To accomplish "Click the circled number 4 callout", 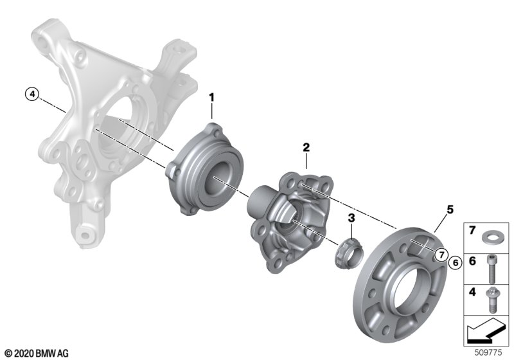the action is click(31, 94).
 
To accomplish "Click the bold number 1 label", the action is click(212, 98).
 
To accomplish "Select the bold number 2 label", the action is click(306, 147).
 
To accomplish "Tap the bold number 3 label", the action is click(351, 217).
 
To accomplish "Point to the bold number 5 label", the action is click(450, 209).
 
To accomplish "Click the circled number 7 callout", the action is click(441, 255).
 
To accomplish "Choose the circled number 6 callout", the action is click(455, 262).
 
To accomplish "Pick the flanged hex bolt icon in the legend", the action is click(492, 300).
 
